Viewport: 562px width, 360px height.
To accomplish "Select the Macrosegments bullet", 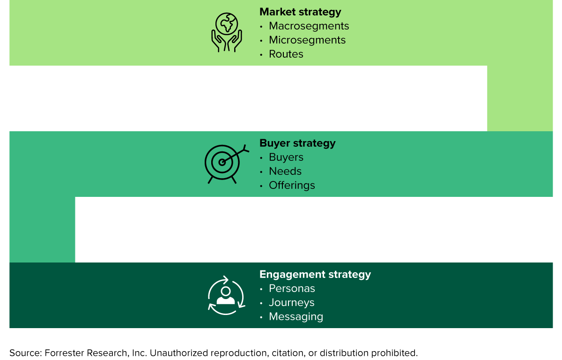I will [309, 26].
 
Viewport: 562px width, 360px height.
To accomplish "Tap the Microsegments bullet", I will [307, 40].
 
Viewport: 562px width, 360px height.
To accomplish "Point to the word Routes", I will [286, 54].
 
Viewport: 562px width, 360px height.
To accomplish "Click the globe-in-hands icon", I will [227, 32].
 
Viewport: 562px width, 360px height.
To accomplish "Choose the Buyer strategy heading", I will [297, 143].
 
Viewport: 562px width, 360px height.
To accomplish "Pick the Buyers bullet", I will [286, 157].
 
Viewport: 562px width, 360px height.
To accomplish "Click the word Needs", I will [285, 171].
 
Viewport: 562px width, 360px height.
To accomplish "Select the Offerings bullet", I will [292, 185].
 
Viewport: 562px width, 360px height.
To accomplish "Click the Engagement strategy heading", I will [315, 274].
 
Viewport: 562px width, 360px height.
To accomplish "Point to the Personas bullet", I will [292, 288].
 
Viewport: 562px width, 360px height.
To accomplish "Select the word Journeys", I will [291, 302].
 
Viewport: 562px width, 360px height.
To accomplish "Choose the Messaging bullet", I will [296, 316].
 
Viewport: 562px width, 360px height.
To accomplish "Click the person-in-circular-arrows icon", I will [226, 295].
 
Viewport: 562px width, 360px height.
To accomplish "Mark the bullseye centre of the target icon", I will [222, 162].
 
